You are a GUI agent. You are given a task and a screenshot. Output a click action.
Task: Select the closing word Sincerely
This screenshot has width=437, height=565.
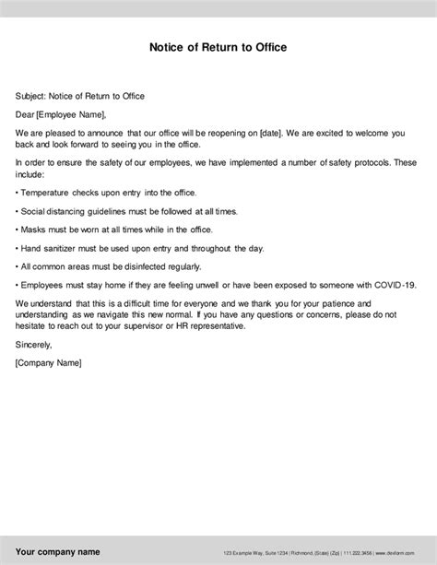tap(34, 344)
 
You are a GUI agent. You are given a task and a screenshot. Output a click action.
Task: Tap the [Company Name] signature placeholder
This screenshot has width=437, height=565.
tap(49, 362)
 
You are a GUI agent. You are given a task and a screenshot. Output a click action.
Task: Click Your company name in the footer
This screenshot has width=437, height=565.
tap(57, 551)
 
